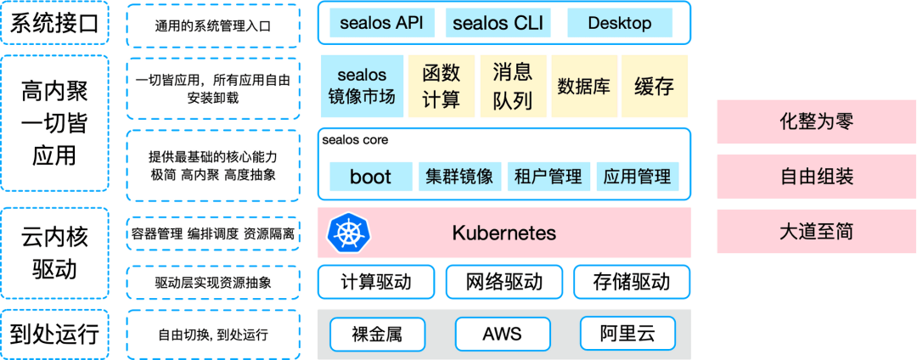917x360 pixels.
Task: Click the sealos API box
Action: point(381,23)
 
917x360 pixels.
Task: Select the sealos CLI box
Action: point(498,23)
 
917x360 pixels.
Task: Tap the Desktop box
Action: point(619,23)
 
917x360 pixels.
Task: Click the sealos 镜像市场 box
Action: point(361,86)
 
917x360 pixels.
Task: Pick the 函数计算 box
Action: point(441,86)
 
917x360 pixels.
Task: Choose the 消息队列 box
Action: point(512,86)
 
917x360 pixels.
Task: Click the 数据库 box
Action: point(583,86)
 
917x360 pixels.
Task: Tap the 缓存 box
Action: point(654,86)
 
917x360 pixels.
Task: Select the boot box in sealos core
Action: point(370,177)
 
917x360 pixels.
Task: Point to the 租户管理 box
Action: point(549,177)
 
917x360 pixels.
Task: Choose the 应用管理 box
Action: point(637,177)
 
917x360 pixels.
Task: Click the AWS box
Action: point(503,334)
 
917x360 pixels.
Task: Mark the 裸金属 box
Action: point(376,334)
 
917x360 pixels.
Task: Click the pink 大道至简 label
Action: point(816,231)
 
